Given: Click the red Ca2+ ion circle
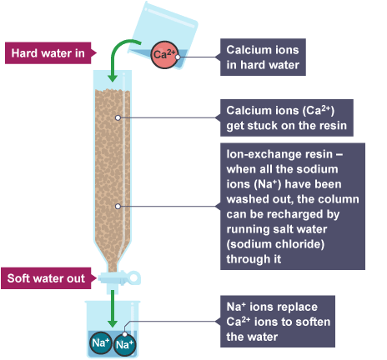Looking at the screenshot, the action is coord(164,55).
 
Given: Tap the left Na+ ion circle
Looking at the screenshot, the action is coord(101,342).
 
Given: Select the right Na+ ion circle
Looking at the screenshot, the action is coord(125,344).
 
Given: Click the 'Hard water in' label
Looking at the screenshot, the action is coord(51,53).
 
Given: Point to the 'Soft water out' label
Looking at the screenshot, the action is coord(49,278).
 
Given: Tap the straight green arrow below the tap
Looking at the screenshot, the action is coord(113,309).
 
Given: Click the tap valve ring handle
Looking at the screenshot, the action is coord(133,277).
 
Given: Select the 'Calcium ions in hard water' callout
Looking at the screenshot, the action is coord(263,57).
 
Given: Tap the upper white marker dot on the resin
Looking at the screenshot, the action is coord(118,117).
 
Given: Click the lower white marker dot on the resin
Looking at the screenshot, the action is coord(118,207).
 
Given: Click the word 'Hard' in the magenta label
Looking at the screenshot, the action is coord(24,53).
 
